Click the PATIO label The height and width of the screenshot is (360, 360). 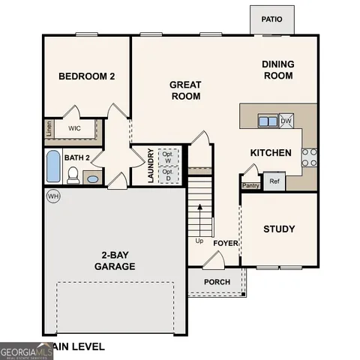pos(271,19)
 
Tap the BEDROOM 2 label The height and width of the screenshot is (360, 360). pos(87,76)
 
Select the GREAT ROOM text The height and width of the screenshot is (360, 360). pos(184,91)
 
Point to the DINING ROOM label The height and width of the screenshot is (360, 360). pos(277,70)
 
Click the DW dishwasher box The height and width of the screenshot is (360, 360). pos(286,120)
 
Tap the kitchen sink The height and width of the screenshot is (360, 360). pos(267,120)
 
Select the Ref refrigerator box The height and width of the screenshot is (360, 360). pos(274,181)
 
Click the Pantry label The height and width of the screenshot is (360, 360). pos(250,185)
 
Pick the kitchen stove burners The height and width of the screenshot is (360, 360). pos(308,156)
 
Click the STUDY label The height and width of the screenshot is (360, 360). pos(279,229)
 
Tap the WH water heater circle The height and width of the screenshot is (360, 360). pos(52,196)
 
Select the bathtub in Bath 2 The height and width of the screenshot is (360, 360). pos(53,166)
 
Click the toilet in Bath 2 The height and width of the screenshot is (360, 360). pos(73,175)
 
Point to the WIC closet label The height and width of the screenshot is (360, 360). pos(74,128)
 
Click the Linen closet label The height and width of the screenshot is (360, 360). pos(49,128)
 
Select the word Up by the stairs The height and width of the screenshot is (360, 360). pos(199,241)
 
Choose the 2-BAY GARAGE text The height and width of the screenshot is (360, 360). pos(115,260)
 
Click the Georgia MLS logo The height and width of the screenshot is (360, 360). pos(26,350)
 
